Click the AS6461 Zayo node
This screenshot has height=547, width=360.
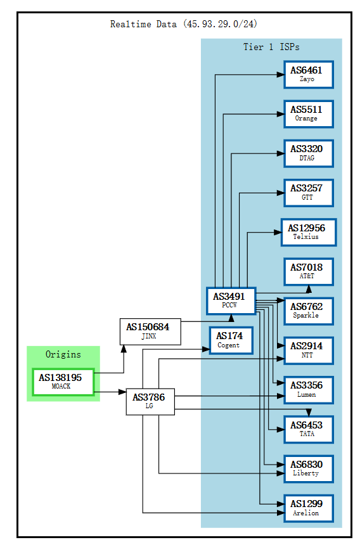click(307, 74)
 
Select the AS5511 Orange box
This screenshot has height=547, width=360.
click(307, 113)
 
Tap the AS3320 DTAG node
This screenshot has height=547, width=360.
click(307, 153)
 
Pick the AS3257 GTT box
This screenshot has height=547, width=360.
click(307, 192)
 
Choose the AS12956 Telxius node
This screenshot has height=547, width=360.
click(307, 232)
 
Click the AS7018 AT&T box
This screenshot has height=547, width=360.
click(307, 271)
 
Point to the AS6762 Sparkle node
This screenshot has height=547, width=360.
click(307, 311)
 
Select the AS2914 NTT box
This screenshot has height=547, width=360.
click(307, 350)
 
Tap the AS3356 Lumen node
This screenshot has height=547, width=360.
click(307, 389)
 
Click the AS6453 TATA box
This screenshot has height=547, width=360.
click(307, 429)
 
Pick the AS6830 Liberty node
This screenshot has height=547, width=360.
click(307, 468)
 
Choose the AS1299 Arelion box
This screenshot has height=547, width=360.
click(307, 508)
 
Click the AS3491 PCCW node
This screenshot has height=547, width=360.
click(230, 300)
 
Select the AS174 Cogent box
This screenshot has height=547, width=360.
click(230, 340)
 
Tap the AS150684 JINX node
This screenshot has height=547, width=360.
click(150, 331)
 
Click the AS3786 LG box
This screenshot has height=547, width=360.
click(150, 401)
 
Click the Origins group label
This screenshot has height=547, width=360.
click(63, 354)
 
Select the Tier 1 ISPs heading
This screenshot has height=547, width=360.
click(271, 47)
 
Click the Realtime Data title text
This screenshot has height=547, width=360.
click(184, 24)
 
